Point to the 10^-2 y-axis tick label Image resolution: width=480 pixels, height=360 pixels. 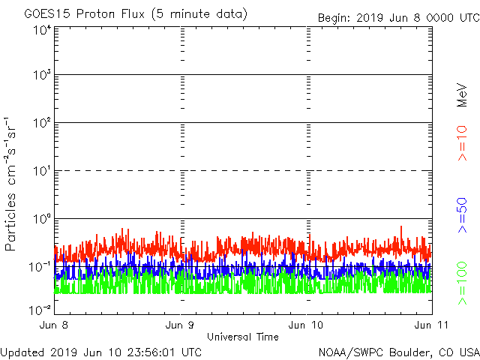coord(40,309)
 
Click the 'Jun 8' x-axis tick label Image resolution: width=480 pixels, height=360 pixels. coord(55,325)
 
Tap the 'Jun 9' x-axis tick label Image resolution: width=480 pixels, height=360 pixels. coord(180,325)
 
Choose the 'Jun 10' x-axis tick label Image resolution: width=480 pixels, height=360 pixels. coord(307,325)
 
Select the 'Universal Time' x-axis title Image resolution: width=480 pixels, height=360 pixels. coord(242,337)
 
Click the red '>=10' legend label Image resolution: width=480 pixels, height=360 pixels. coord(463,143)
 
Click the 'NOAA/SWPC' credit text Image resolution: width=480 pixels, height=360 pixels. coord(346,352)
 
